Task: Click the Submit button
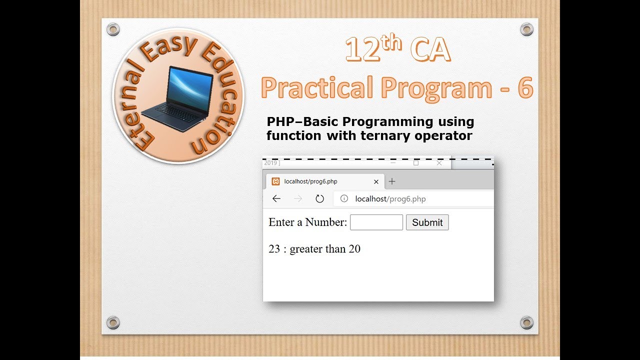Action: pos(427,222)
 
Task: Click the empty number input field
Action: pos(376,222)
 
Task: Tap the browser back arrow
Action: pos(276,199)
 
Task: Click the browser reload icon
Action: pos(320,199)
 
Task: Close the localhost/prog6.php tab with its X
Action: pos(376,182)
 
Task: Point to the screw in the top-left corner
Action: pos(113,29)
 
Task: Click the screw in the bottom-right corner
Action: pos(526,322)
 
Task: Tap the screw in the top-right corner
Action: pos(526,29)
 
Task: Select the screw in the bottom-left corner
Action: pos(113,322)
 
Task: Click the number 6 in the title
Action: pos(525,88)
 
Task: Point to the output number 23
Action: pos(274,249)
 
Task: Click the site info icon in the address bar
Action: pos(344,199)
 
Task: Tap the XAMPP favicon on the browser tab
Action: pos(275,181)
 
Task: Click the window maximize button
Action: pos(416,163)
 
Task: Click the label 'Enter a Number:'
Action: pos(307,222)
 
